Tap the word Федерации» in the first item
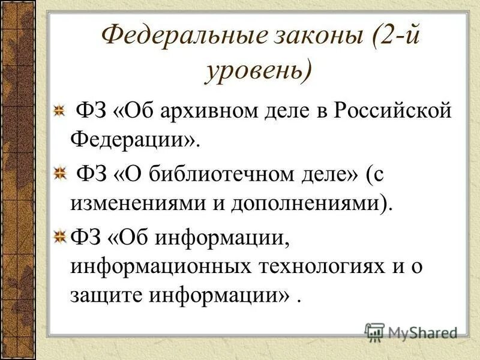pos(134,141)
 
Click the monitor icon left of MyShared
pos(374,331)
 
